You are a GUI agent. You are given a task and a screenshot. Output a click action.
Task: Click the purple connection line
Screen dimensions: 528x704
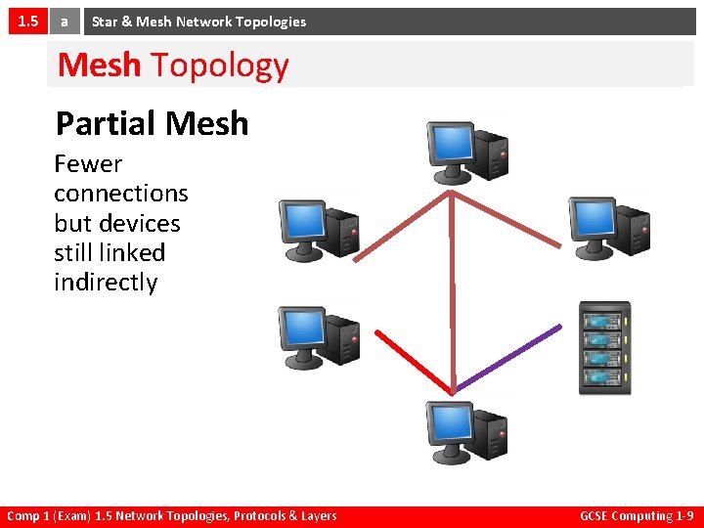pos(508,357)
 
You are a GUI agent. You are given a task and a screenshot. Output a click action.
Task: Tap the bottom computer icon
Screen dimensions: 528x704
pos(466,432)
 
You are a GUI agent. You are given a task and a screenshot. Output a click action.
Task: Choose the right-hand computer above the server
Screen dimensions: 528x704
pos(609,226)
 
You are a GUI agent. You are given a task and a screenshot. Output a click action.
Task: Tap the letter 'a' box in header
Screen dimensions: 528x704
pos(65,21)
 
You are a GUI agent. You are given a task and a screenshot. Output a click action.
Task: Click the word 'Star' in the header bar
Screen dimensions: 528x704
pos(105,21)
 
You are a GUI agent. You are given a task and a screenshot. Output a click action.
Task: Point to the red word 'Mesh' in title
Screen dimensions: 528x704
pos(100,65)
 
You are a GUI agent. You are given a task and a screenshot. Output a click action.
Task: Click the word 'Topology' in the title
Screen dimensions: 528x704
pos(219,65)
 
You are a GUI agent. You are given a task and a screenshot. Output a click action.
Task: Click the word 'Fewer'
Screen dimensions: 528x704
pos(88,163)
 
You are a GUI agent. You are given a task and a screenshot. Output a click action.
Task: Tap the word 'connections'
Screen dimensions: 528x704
pos(120,193)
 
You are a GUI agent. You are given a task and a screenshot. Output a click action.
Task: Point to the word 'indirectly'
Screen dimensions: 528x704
pos(106,282)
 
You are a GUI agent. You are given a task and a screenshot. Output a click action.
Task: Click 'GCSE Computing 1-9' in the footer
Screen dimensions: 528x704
pos(637,515)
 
